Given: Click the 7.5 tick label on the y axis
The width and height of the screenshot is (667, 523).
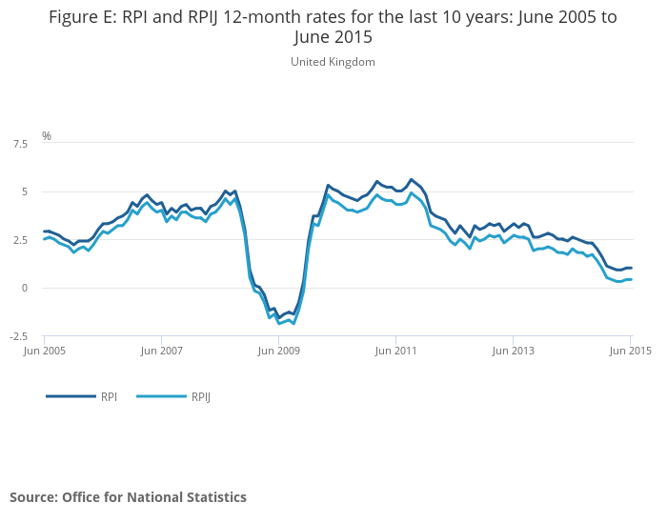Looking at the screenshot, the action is tap(20, 144).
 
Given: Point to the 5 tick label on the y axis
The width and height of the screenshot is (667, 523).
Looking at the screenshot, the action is tap(25, 191).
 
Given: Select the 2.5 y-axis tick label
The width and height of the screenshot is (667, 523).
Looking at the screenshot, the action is tap(20, 240).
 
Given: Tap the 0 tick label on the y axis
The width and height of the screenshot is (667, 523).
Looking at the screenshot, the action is tap(25, 288).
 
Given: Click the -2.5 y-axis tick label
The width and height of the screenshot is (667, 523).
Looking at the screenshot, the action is tap(19, 336).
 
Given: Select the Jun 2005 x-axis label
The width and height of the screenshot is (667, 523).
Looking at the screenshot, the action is tap(44, 351).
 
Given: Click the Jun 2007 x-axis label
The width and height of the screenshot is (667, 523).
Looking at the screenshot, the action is tap(162, 351).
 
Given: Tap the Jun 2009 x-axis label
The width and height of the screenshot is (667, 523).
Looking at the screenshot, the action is tap(278, 351).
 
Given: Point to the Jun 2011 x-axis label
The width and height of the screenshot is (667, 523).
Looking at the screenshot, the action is tap(396, 351).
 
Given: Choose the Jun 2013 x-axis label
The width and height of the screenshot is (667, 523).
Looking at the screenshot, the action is tap(513, 351).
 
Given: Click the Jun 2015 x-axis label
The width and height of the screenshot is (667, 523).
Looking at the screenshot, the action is tap(631, 351).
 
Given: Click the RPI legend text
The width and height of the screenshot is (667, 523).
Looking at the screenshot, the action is tap(109, 396).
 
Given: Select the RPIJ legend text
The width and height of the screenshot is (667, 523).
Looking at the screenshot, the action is tap(201, 397).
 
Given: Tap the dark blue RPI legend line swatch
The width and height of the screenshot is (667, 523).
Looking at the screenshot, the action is tap(71, 396).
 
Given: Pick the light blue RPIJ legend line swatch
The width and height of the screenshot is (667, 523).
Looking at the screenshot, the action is tap(162, 396).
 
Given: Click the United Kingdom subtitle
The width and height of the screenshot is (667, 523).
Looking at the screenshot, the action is tap(333, 62).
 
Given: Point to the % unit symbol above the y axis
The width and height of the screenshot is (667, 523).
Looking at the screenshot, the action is tap(47, 135).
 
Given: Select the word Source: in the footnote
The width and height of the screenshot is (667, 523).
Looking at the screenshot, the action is tap(34, 497).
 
